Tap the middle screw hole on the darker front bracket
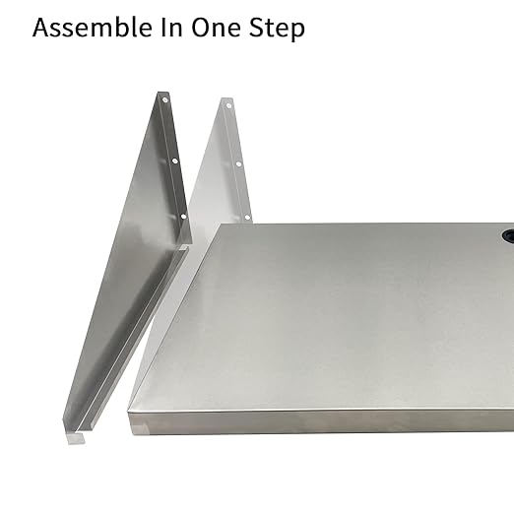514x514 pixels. pyautogui.click(x=174, y=159)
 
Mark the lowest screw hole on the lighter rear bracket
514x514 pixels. pyautogui.click(x=247, y=217)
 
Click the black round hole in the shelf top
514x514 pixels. pyautogui.click(x=509, y=237)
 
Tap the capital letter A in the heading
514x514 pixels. pyautogui.click(x=41, y=28)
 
